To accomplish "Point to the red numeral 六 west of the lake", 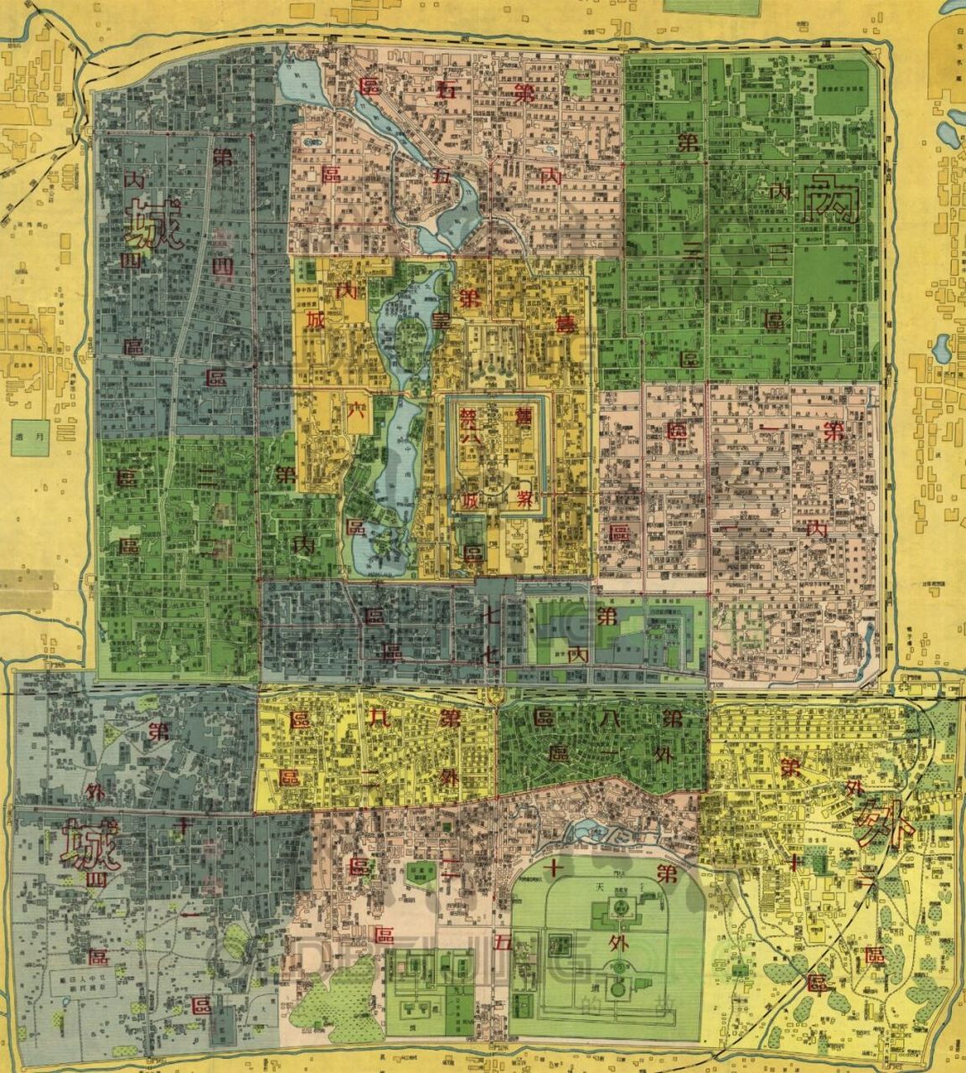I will [356, 412].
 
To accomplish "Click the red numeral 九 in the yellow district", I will [376, 718].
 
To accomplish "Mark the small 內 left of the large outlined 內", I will [780, 193].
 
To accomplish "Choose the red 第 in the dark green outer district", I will [671, 718].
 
